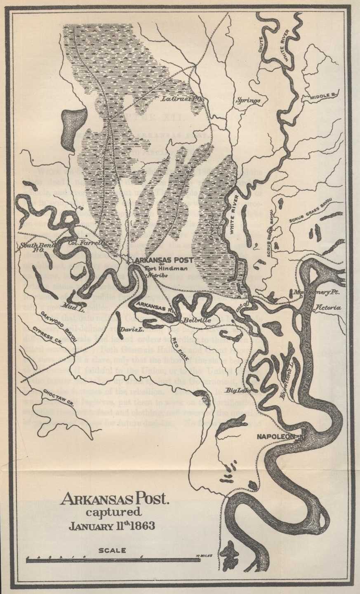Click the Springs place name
tap(248, 100)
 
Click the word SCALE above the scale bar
tap(112, 550)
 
